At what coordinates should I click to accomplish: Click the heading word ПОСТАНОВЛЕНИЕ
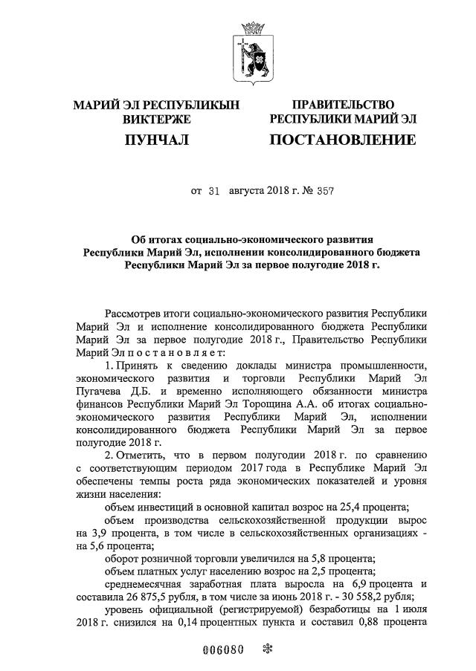342,140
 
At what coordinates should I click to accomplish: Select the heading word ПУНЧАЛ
156,140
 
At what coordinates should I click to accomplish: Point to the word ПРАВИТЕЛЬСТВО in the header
343,105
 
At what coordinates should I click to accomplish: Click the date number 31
216,191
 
